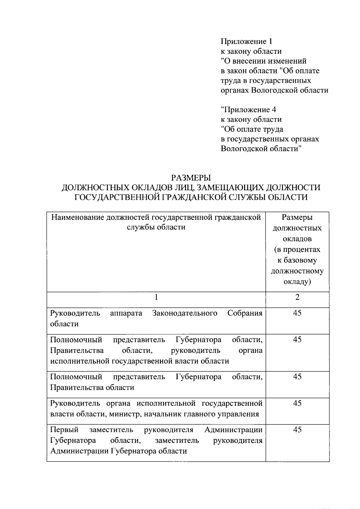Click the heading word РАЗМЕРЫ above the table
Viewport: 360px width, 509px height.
pos(191,178)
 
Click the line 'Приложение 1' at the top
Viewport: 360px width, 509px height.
pos(247,41)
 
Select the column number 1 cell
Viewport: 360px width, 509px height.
pos(156,297)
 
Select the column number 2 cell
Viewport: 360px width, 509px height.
pos(297,297)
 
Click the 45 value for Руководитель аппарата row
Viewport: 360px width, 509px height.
pos(297,313)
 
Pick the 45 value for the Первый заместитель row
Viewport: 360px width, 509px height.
pos(297,430)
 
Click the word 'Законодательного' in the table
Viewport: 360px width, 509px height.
pos(185,313)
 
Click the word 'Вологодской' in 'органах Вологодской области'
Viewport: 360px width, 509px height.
pos(271,90)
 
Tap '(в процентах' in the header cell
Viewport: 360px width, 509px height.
pos(297,250)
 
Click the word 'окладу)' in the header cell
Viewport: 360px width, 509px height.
pos(297,282)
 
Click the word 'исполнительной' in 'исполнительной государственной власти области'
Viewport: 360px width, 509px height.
pos(80,361)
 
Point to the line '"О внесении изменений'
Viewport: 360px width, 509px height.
pos(264,61)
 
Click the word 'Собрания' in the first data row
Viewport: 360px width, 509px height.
pos(245,313)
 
